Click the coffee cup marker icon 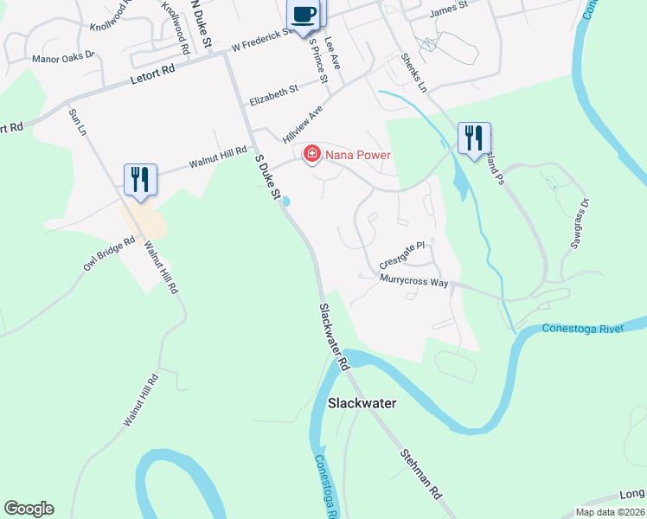coord(303,15)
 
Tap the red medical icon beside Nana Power coord(311,155)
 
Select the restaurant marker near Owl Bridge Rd coord(140,180)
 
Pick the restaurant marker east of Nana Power coord(474,138)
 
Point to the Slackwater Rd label coord(333,338)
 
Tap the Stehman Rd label coord(421,473)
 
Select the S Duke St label coord(267,178)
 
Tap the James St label coord(448,6)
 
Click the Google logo coord(29,509)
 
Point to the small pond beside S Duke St coord(285,202)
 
